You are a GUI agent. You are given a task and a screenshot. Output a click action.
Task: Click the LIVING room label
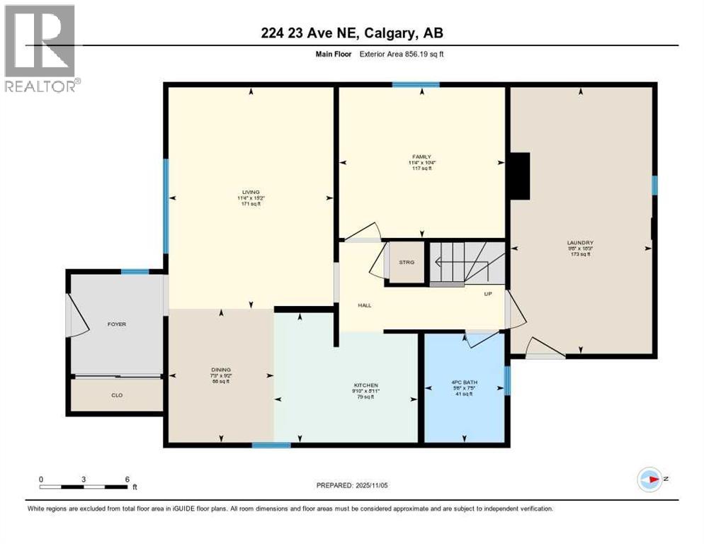pyautogui.click(x=249, y=192)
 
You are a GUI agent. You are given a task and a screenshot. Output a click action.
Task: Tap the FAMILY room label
pyautogui.click(x=422, y=157)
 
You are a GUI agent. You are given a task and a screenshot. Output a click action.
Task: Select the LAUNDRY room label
pyautogui.click(x=579, y=242)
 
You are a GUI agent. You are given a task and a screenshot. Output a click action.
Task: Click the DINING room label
pyautogui.click(x=220, y=369)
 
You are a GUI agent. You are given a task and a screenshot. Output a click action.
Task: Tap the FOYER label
pyautogui.click(x=116, y=324)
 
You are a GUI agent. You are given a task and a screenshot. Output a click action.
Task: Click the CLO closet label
pyautogui.click(x=116, y=395)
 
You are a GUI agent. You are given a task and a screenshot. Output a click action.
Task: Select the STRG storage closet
pyautogui.click(x=406, y=262)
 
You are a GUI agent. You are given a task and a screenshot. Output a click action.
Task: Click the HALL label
pyautogui.click(x=365, y=305)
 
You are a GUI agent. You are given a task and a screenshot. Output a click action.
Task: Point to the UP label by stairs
pyautogui.click(x=487, y=293)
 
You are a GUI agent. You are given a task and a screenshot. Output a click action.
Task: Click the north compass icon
pyautogui.click(x=649, y=480)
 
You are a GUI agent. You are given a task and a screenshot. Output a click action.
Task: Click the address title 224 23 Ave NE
pyautogui.click(x=351, y=33)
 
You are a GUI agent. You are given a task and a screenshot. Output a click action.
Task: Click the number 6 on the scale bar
pyautogui.click(x=127, y=479)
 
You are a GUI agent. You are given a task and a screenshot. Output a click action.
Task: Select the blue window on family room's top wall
pyautogui.click(x=416, y=85)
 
